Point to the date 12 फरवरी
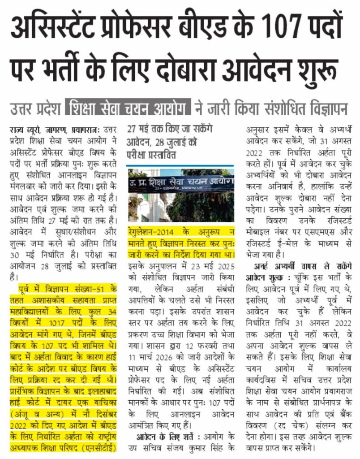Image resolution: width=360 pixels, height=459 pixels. [x=206, y=347]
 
